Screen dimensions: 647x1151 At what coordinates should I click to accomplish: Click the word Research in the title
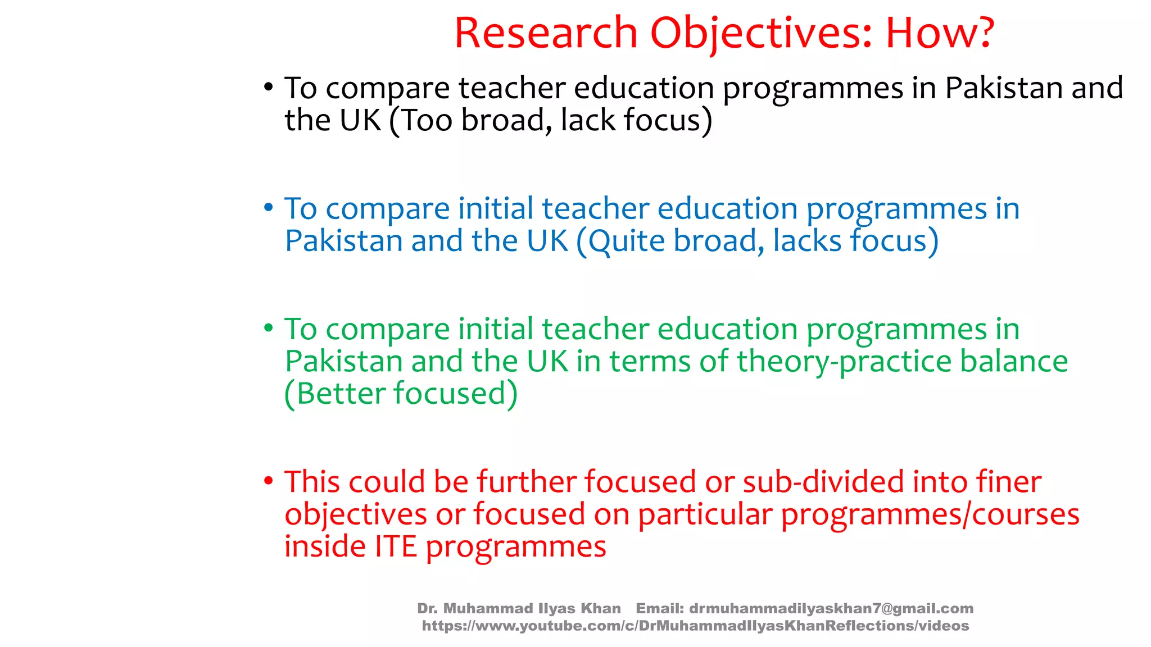pos(546,33)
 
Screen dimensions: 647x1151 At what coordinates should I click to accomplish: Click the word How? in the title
pos(940,33)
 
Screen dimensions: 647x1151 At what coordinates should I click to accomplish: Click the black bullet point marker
pos(269,87)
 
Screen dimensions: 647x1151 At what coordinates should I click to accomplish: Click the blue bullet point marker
pos(269,208)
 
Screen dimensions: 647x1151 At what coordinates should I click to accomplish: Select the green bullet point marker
pos(269,328)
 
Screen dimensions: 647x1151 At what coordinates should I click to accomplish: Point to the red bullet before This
pos(269,481)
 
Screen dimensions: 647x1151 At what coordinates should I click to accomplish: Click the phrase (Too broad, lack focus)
pos(551,120)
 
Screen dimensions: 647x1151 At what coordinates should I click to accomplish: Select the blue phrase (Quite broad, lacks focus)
pos(757,241)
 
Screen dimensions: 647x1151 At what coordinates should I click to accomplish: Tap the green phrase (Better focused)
pos(401,393)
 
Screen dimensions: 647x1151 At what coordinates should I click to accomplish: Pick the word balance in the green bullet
pos(1013,361)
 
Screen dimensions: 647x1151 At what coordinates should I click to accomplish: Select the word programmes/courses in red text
pos(930,514)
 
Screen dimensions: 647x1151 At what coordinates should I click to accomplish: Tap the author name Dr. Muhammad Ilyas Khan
pos(519,608)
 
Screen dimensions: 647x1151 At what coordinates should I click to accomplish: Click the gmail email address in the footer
pos(831,608)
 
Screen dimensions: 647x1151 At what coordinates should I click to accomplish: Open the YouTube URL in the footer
pos(695,626)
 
